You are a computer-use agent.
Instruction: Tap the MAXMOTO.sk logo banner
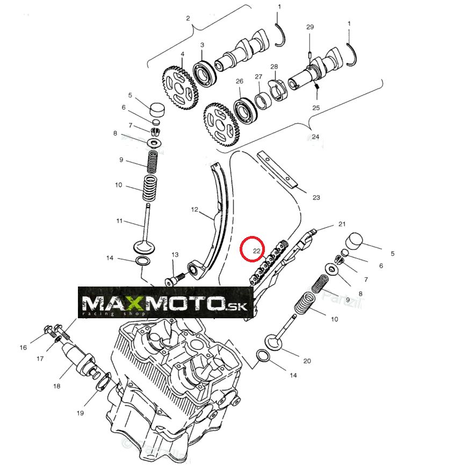point(165,305)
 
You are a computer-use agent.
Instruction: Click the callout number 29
point(310,27)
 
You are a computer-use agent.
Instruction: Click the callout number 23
point(316,197)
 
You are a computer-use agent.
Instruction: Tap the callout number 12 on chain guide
point(195,209)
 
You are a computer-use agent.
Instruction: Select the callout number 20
point(307,361)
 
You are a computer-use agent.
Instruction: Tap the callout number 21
point(342,224)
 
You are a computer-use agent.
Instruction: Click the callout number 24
point(315,137)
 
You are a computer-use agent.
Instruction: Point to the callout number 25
point(316,108)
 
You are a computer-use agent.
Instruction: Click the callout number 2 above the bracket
point(188,18)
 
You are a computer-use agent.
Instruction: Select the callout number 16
point(23,348)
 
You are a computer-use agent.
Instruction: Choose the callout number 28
point(274,67)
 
